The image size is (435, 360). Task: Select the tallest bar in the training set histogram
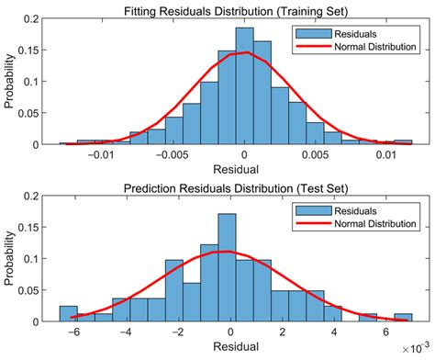[244, 86]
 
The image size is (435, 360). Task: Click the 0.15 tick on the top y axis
[30, 50]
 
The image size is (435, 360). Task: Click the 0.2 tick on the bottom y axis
[34, 197]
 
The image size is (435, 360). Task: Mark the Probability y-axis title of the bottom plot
[10, 261]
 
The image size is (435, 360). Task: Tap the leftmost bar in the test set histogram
[68, 313]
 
